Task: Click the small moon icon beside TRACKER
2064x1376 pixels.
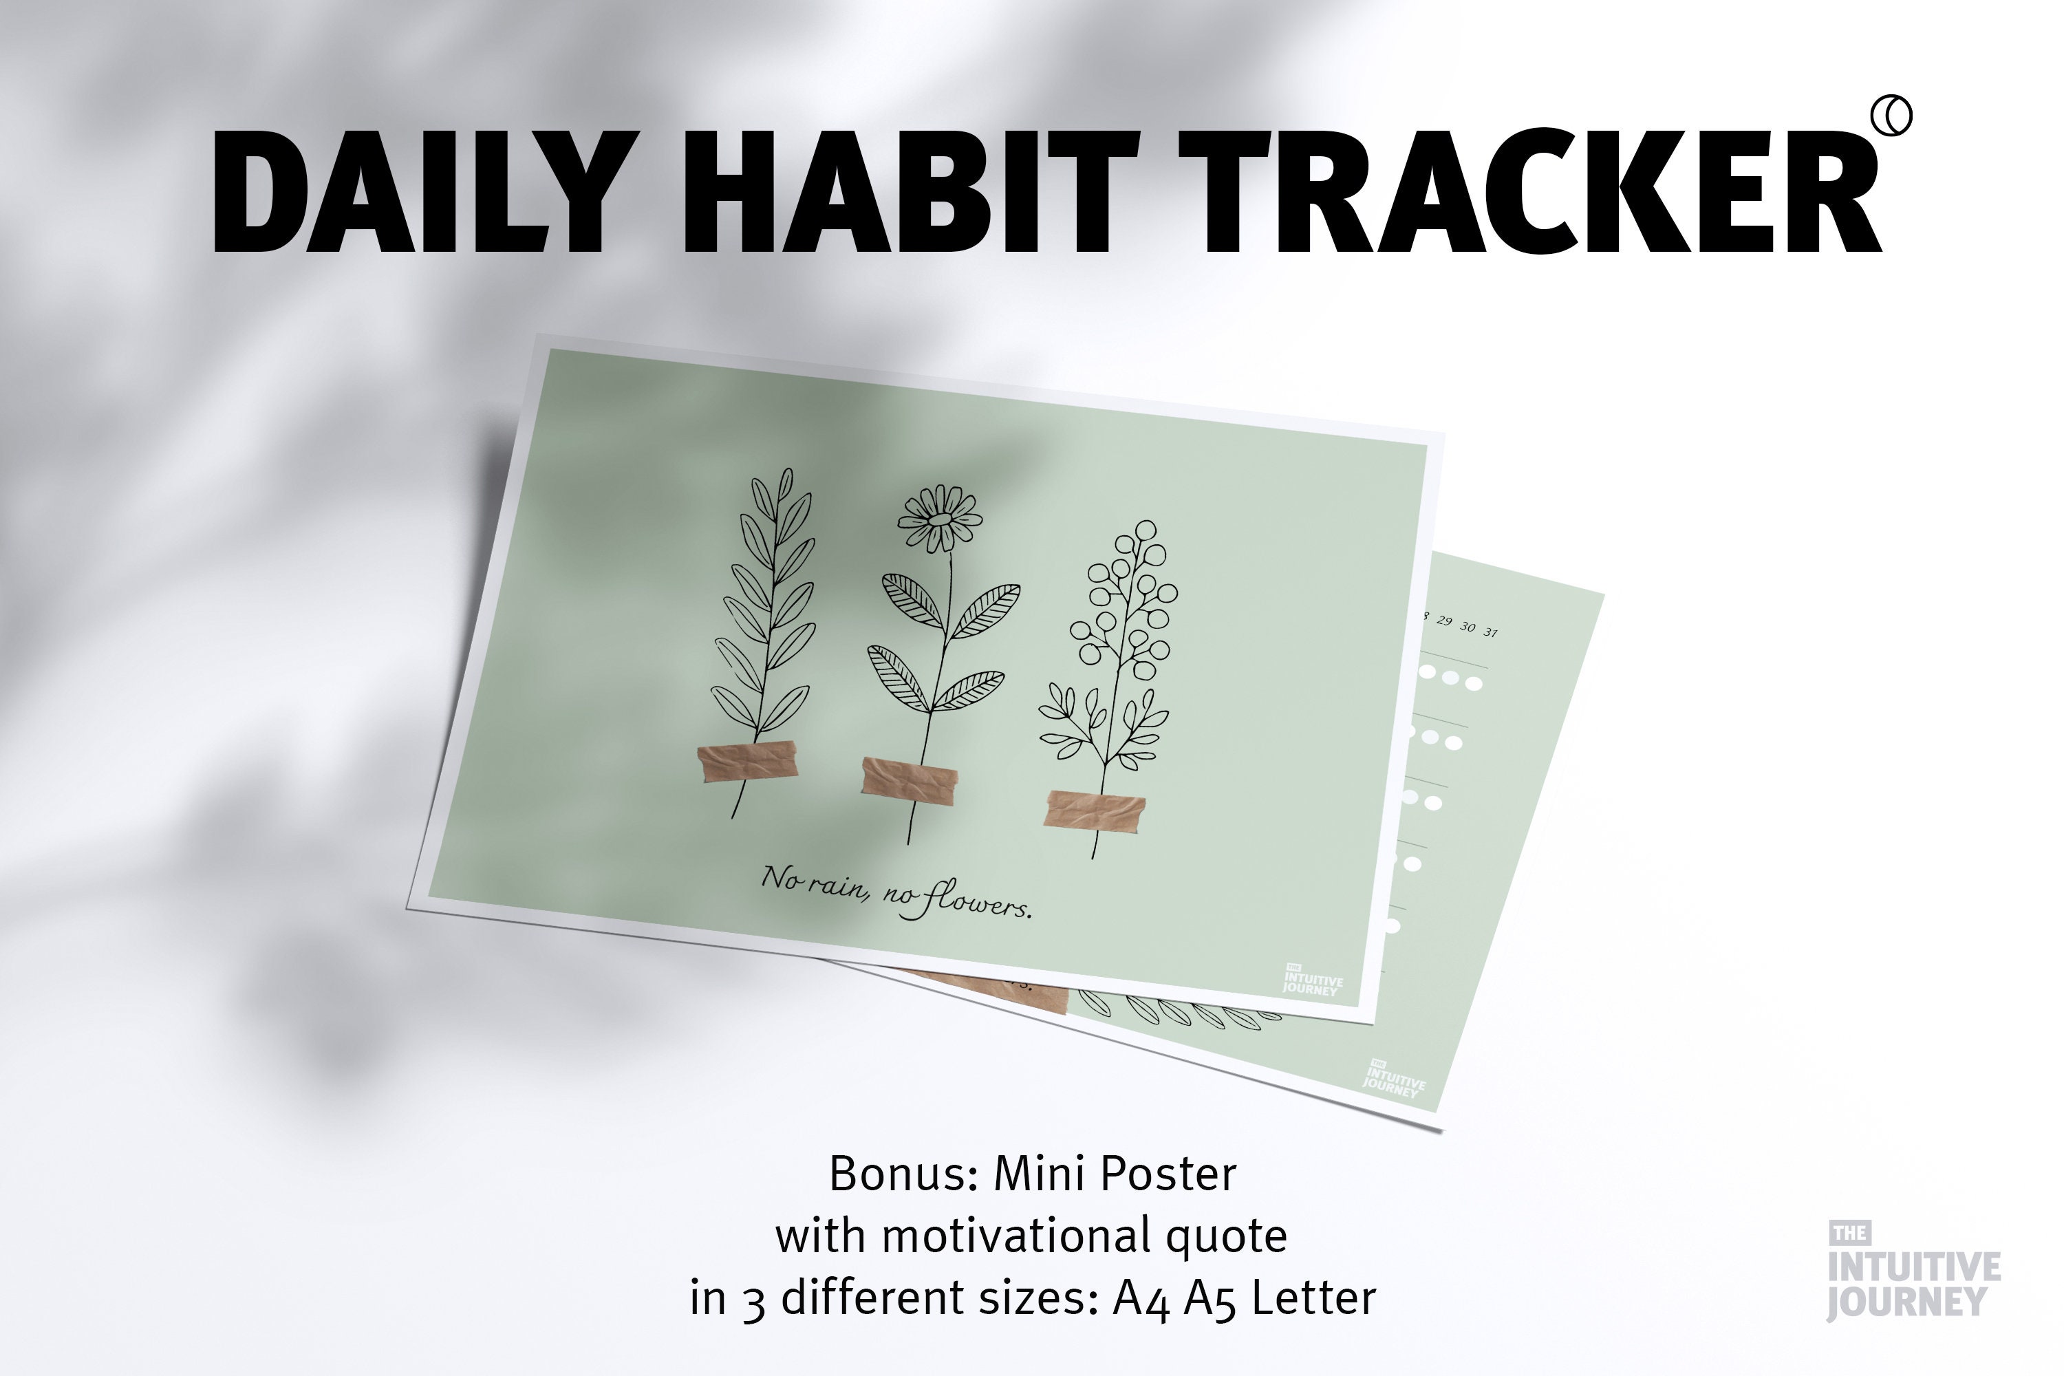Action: tap(1891, 117)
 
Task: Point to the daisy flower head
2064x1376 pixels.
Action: tap(939, 519)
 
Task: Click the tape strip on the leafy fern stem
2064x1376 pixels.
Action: tap(748, 761)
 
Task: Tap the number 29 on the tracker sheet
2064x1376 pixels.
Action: tap(1443, 622)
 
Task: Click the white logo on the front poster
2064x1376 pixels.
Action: tap(1311, 980)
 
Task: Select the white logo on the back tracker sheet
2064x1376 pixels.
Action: tap(1394, 1079)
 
